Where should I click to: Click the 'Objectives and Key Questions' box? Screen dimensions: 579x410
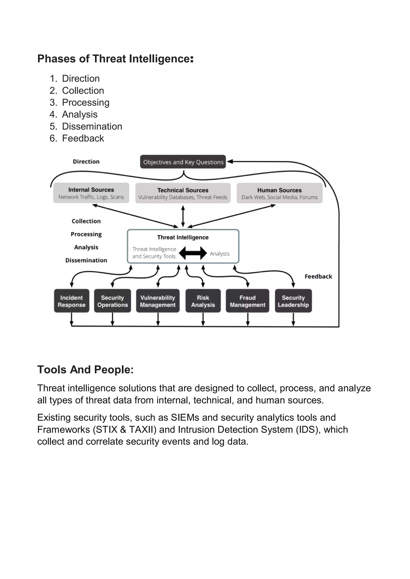tap(183, 162)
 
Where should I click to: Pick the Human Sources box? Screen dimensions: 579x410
tap(279, 193)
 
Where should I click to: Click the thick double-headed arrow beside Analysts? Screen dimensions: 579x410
tap(193, 253)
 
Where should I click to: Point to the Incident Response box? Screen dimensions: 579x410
tap(71, 301)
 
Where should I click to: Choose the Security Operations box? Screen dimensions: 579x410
tap(113, 301)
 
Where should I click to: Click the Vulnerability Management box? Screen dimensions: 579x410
tap(158, 301)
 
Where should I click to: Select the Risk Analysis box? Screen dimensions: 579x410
tap(203, 301)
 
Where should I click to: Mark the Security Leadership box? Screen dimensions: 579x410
tap(293, 301)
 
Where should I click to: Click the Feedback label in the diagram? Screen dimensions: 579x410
tap(318, 276)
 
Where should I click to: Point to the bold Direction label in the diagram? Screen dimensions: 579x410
tap(86, 161)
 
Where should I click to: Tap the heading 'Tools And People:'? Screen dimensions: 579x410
tap(85, 369)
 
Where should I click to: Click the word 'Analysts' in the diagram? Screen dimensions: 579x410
tap(220, 253)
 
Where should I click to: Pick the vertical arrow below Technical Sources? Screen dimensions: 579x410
tap(183, 216)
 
